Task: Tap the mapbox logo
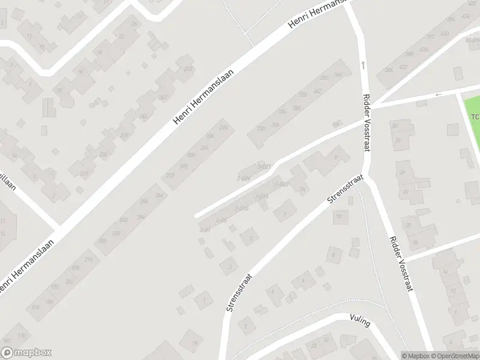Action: click(x=26, y=353)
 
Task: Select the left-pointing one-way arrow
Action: click(x=438, y=94)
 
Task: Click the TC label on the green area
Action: click(x=475, y=116)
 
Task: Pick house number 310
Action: click(x=224, y=128)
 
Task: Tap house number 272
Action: click(x=170, y=176)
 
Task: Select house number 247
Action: click(x=162, y=98)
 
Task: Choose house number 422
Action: click(x=403, y=67)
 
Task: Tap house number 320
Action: click(x=260, y=128)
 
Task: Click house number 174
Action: click(x=89, y=259)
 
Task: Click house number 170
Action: click(x=22, y=334)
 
